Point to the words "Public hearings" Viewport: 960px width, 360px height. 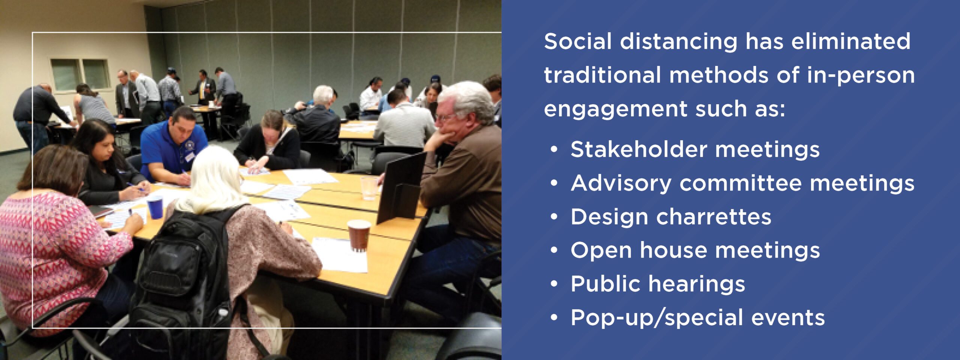[x=658, y=284]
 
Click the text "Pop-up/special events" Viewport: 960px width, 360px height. [x=697, y=318]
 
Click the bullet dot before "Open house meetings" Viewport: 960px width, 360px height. [x=554, y=250]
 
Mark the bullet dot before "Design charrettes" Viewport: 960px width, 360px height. [x=554, y=217]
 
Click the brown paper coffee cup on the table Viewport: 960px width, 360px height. [x=359, y=235]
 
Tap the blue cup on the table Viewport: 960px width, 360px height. [x=155, y=207]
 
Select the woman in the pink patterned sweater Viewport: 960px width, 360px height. [x=56, y=240]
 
